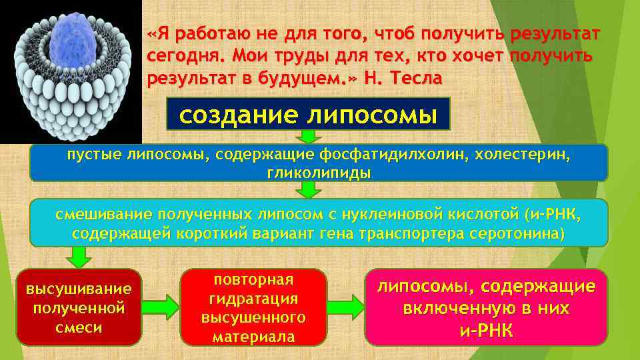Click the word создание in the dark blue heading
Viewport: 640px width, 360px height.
pyautogui.click(x=238, y=115)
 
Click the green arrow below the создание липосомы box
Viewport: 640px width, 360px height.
pyautogui.click(x=307, y=137)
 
